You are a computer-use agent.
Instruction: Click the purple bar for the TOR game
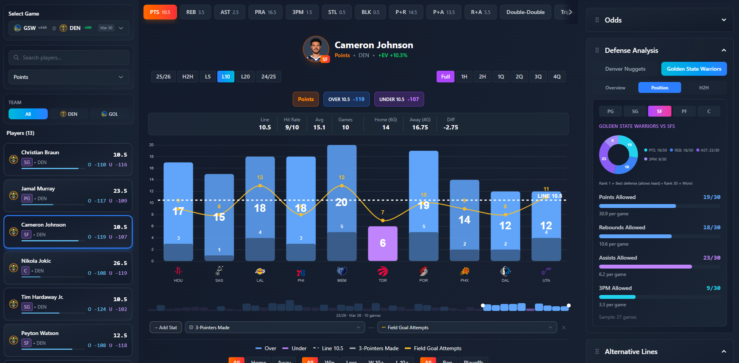pos(383,243)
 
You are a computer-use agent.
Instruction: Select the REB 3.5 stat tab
pos(195,12)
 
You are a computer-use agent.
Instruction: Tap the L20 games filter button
pos(245,77)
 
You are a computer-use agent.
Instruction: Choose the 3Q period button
pos(538,77)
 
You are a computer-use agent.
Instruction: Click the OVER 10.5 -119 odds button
pos(346,99)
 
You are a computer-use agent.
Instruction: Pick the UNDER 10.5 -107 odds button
pos(399,99)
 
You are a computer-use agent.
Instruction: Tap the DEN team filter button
pos(69,114)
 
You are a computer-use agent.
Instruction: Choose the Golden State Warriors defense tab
pos(694,69)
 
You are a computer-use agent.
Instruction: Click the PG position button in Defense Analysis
pos(610,111)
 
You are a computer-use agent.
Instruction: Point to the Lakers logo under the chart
pos(260,271)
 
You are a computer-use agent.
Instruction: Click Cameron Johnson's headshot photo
pos(316,49)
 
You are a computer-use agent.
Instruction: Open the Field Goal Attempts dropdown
pos(467,328)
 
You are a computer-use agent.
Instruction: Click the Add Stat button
pos(166,328)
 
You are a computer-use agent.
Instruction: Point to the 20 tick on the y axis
pos(152,145)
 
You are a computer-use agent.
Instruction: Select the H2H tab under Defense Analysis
pos(704,88)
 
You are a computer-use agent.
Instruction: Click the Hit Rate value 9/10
pos(292,127)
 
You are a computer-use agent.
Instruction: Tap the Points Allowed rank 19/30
pos(711,197)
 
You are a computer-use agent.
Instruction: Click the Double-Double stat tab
pos(525,12)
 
